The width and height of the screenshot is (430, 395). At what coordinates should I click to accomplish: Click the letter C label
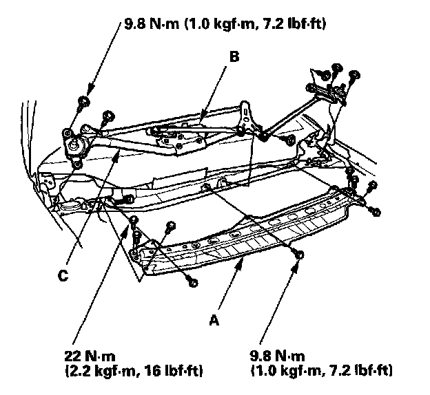click(x=63, y=275)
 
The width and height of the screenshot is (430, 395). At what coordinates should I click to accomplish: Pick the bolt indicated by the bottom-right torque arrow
click(x=298, y=255)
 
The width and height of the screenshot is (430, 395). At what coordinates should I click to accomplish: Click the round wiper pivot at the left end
click(x=73, y=144)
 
